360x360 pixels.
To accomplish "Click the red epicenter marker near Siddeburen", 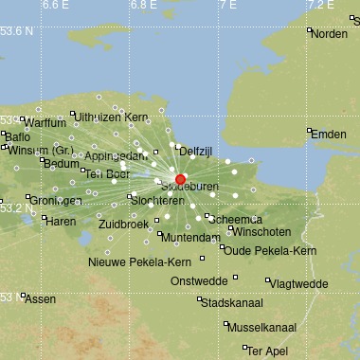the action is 181,178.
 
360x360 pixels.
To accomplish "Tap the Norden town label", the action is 330,34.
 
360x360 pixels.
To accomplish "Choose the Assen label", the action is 40,299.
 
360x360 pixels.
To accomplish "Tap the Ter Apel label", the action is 266,351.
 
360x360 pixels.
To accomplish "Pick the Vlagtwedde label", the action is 298,283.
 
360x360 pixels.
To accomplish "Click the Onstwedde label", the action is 199,281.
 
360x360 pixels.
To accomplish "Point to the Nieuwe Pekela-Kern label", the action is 139,261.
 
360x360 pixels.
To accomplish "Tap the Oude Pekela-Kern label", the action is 270,250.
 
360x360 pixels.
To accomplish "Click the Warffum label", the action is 45,123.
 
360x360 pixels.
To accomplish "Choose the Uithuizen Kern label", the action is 113,117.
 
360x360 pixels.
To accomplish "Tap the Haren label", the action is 61,222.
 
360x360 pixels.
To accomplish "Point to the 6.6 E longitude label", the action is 56,5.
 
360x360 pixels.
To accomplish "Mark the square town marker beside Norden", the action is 309,30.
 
